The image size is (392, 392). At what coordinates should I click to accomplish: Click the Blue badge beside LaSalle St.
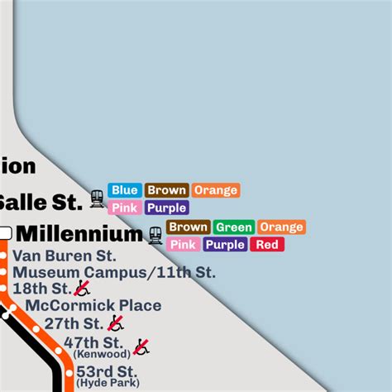125,190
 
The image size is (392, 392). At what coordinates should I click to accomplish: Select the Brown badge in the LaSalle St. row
167,190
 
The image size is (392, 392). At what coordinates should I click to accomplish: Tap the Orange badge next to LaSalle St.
216,190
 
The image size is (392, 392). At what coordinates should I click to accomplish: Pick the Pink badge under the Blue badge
125,208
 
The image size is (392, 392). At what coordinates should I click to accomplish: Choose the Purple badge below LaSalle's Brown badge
167,208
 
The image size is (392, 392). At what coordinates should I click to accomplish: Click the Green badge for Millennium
234,227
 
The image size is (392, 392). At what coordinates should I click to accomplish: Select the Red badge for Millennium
267,244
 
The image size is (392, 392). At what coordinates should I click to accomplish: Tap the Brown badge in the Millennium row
189,227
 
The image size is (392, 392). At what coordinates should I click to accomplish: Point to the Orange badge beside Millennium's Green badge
281,227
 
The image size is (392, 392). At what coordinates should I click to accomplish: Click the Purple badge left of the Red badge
225,244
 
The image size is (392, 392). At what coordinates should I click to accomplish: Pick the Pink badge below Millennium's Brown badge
183,244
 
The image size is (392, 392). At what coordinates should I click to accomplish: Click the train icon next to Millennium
155,235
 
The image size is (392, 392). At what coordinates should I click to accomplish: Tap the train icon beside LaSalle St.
98,198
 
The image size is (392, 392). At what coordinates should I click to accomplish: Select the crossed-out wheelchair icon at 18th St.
82,288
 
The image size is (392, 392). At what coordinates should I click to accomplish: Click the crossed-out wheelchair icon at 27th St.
116,323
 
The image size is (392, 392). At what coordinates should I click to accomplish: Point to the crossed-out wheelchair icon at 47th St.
141,347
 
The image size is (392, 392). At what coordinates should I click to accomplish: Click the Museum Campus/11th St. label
113,272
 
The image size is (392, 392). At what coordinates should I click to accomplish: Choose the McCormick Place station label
93,305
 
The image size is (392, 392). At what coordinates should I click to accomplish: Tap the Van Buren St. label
64,256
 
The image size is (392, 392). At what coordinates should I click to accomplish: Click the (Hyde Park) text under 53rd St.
107,383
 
